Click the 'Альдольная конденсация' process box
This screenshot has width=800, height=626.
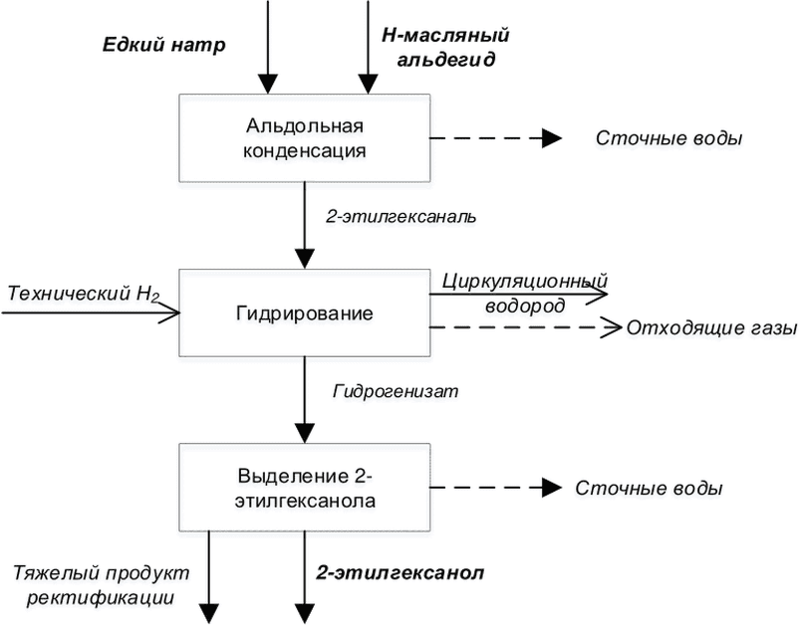[x=305, y=137]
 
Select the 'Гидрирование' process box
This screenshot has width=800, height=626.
[x=305, y=313]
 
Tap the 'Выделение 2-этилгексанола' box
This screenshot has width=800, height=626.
[x=305, y=488]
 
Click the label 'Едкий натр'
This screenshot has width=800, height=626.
[x=163, y=45]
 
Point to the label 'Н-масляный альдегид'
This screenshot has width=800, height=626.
[x=446, y=48]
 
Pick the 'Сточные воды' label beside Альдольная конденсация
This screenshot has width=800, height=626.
[x=668, y=138]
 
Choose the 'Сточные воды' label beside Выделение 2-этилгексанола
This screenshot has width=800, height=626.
[x=649, y=488]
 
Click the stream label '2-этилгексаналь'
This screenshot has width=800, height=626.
[x=401, y=216]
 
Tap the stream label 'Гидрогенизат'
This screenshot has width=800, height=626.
[x=396, y=391]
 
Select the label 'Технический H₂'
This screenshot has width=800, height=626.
[x=84, y=295]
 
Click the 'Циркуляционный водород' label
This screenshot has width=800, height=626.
[x=525, y=294]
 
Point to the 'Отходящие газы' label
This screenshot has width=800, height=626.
[x=711, y=327]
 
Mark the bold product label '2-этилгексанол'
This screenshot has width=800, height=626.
[x=400, y=573]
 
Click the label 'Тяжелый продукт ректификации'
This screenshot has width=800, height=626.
[x=101, y=585]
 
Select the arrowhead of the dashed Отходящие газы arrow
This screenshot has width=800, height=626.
[x=612, y=326]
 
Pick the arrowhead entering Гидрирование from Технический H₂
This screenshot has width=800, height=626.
[x=170, y=313]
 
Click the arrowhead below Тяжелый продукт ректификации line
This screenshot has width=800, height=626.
[x=208, y=614]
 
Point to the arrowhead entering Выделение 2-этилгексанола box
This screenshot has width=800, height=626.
[x=305, y=434]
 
